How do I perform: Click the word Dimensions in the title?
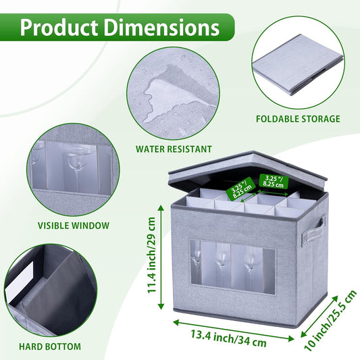(x=162, y=27)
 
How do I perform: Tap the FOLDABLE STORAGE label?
(x=298, y=119)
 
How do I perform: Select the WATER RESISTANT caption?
(x=174, y=149)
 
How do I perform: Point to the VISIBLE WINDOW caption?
(x=74, y=226)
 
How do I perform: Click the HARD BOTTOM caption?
(x=50, y=346)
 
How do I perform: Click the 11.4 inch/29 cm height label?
(x=152, y=255)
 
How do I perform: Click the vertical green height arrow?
(x=161, y=257)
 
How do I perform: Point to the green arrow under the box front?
(x=234, y=330)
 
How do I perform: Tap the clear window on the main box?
(x=232, y=267)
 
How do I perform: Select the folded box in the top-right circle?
(x=298, y=65)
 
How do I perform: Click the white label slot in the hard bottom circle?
(x=20, y=282)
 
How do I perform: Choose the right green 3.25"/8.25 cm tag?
(x=274, y=181)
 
